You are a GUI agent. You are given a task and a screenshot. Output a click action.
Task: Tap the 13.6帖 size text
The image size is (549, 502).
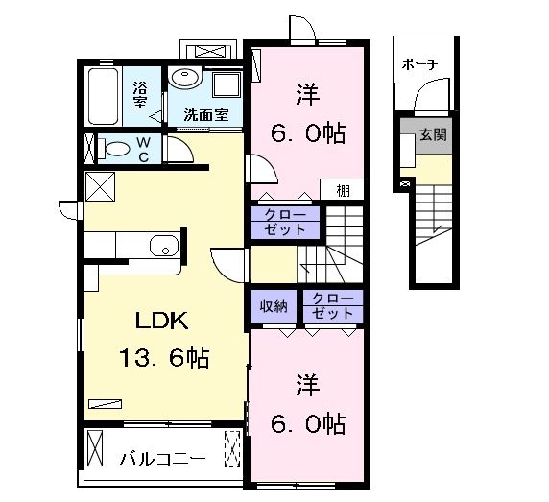click(164, 359)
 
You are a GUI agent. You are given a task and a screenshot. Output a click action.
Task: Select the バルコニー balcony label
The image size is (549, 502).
click(161, 459)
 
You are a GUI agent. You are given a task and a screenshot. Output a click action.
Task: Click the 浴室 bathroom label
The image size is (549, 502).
click(140, 94)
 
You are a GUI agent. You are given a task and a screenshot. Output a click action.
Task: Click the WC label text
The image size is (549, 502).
click(141, 149)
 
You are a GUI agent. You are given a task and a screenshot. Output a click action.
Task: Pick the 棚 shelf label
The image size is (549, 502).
click(343, 190)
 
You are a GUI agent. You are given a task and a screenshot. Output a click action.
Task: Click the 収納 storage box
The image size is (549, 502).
click(274, 307)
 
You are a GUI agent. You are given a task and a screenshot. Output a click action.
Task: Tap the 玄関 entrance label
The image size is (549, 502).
click(432, 134)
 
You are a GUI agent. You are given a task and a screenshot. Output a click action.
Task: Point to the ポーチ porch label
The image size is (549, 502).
click(419, 63)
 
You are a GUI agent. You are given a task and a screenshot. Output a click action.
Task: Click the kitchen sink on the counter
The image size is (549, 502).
click(165, 246)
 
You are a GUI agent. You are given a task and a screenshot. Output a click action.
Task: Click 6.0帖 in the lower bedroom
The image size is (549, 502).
click(307, 422)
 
